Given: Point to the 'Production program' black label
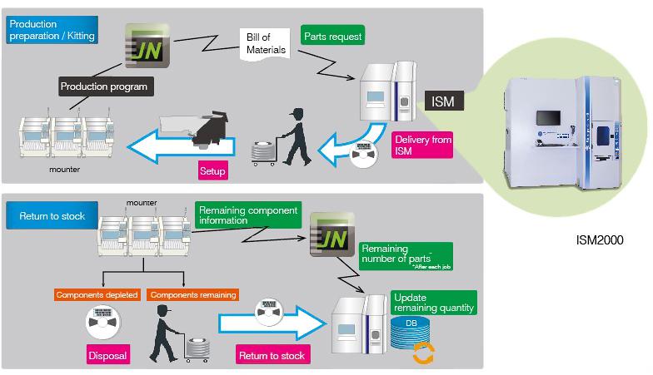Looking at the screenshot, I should click(103, 86).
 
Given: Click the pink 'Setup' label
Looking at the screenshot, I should click(212, 172).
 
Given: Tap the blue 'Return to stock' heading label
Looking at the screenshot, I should click(51, 216).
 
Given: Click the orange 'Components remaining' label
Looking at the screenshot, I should click(192, 294).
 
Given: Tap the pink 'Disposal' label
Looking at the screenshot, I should click(108, 356).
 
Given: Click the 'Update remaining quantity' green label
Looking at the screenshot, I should click(433, 303).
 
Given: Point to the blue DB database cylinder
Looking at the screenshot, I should click(411, 335).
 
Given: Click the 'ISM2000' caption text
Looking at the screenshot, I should click(600, 239).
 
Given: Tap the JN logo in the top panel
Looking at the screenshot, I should click(147, 45).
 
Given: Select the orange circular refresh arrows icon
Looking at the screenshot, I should click(424, 353).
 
